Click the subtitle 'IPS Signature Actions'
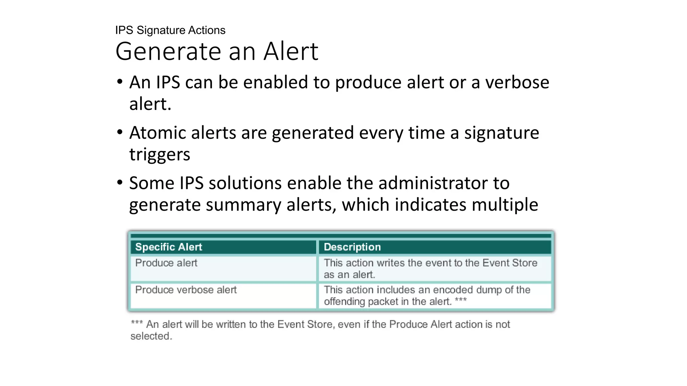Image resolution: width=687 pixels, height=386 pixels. click(170, 30)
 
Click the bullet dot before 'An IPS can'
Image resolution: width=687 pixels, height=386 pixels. click(120, 82)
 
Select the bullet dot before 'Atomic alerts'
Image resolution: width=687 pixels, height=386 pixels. click(120, 132)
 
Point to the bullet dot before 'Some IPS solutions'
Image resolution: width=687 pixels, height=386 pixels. click(120, 183)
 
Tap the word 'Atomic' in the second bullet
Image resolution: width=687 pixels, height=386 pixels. click(157, 133)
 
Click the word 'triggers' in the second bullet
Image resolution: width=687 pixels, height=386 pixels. click(160, 155)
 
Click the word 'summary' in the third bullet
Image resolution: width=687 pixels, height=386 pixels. click(243, 205)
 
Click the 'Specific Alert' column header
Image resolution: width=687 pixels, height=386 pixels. click(168, 247)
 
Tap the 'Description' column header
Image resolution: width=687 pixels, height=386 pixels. click(352, 247)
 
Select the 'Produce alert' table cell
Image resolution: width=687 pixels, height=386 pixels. click(166, 263)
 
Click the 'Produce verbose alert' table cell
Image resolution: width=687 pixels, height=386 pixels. click(186, 289)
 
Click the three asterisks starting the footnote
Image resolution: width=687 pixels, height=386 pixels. click(137, 323)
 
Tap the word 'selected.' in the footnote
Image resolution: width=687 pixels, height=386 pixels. click(151, 336)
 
